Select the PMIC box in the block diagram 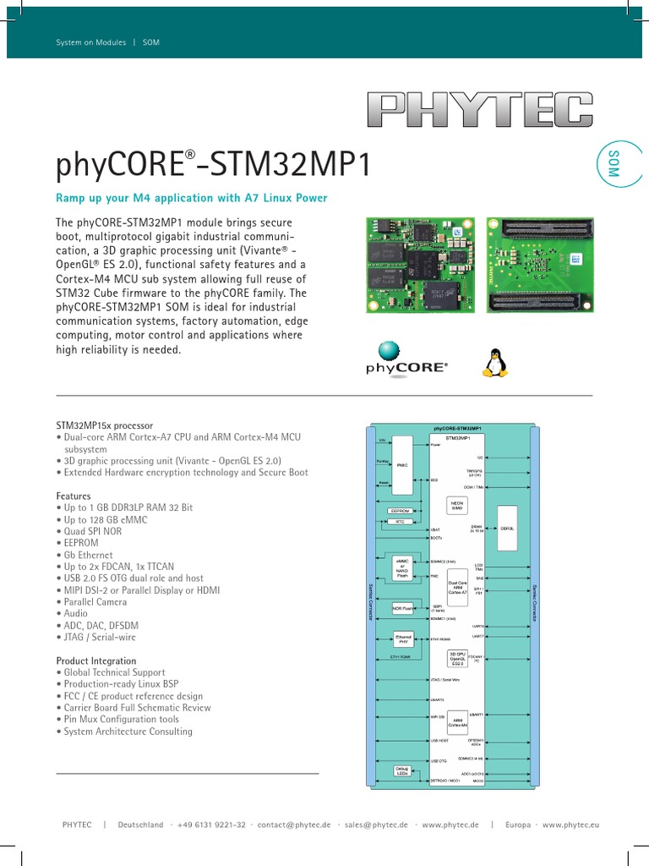point(402,463)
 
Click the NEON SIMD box point(456,505)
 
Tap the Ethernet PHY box point(403,639)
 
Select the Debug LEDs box point(403,770)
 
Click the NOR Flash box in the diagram point(403,608)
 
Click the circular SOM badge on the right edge point(614,162)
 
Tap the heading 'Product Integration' point(95,660)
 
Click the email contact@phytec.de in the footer point(294,825)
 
